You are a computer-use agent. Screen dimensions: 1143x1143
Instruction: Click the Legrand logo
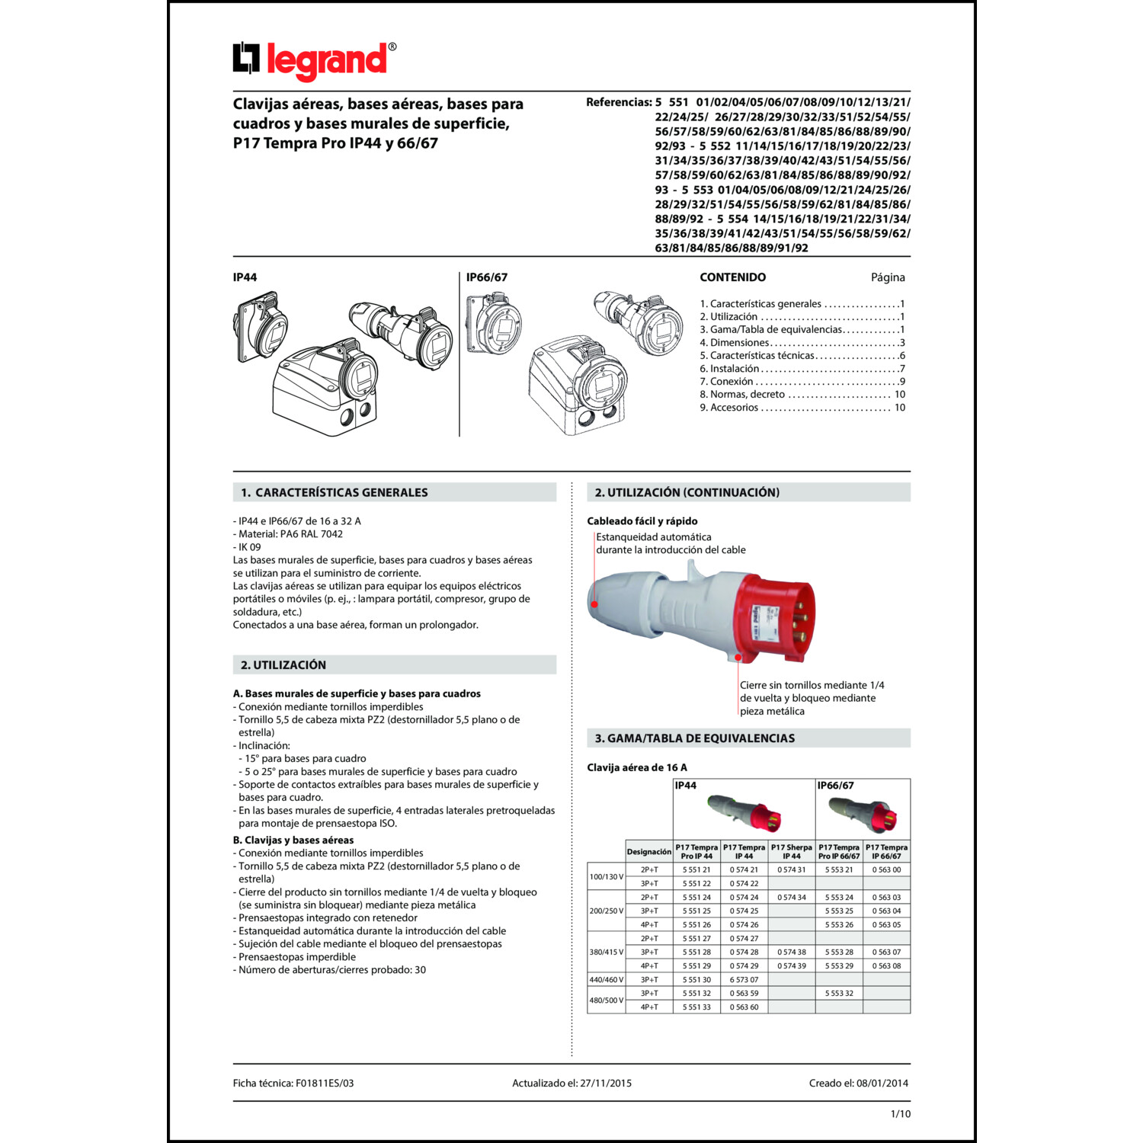[314, 60]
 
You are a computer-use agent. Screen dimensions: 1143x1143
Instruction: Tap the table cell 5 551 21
[696, 869]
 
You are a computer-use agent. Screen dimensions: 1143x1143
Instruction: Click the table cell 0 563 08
[886, 965]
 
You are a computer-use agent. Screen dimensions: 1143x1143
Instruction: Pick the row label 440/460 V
[606, 979]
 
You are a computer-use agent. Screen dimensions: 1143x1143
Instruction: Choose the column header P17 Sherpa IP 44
[791, 851]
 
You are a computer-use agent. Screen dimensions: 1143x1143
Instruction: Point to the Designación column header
[648, 851]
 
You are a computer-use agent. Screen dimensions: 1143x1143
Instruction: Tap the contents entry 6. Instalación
[729, 369]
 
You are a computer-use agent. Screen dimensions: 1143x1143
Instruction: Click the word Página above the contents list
[888, 277]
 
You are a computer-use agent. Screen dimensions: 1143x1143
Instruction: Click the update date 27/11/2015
[605, 1083]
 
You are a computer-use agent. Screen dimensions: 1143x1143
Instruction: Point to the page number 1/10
[900, 1113]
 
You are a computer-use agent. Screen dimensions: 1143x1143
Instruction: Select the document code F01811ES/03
[325, 1083]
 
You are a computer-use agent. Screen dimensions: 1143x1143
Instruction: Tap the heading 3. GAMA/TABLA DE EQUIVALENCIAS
[694, 738]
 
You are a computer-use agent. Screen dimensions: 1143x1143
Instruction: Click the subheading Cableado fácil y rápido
[642, 521]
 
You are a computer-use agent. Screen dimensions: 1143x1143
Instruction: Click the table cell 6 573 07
[744, 979]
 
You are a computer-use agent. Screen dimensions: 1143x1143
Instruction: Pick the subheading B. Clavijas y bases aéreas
[293, 840]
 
